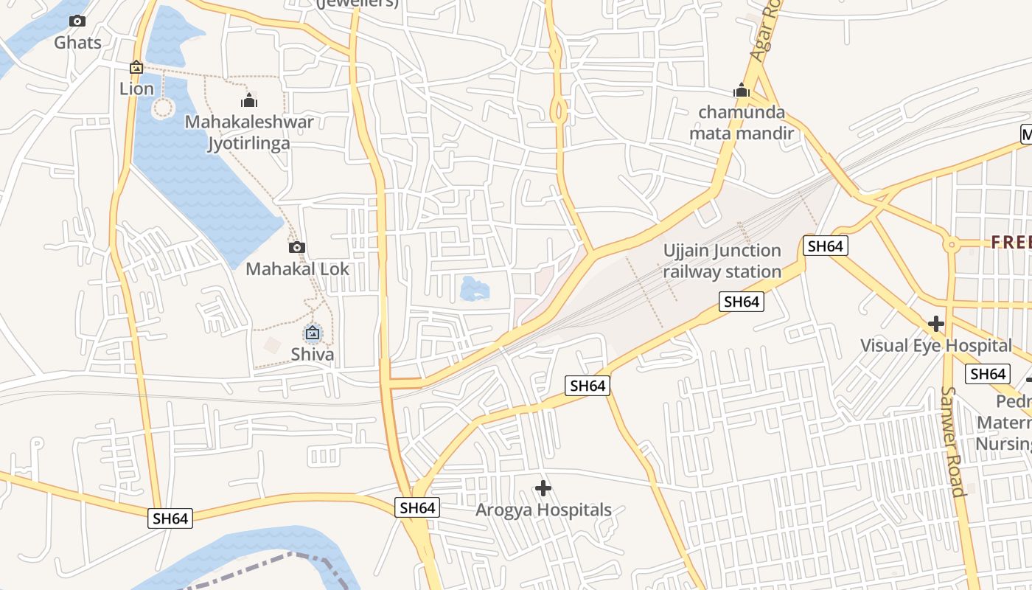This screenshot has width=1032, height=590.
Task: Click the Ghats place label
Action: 77,43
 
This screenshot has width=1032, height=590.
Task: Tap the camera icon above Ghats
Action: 77,21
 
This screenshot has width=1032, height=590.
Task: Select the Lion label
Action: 137,89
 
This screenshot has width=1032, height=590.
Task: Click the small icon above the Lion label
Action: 136,68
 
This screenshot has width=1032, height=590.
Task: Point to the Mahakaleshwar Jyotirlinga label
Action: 249,133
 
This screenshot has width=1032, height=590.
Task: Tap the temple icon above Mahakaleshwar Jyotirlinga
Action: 249,100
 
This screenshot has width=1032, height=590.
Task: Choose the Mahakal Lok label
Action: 297,269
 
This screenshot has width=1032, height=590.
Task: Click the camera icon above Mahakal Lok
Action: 297,248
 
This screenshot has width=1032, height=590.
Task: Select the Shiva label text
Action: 313,355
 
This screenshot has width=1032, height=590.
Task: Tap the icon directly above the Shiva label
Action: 313,333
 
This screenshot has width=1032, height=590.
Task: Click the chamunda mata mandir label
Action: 742,123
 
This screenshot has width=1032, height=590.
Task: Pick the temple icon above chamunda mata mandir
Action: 742,91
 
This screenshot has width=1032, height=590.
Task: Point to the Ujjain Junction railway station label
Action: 722,261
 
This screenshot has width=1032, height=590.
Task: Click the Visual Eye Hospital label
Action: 936,345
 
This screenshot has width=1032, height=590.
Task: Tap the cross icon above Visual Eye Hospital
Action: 936,324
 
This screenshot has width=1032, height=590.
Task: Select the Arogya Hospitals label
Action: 543,510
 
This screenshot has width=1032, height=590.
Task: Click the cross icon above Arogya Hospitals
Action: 543,488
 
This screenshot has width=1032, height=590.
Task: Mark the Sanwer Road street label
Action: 953,442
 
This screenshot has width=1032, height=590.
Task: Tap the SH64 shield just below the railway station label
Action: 742,302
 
